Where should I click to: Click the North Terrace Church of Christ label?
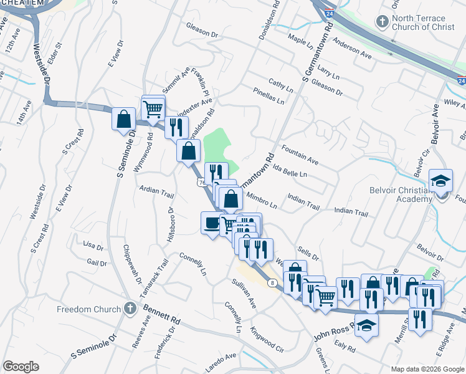(419, 23)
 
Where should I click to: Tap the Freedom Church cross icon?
(130, 309)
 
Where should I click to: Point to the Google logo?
(21, 367)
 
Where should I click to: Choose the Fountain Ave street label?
(300, 156)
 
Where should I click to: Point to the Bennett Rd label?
(161, 314)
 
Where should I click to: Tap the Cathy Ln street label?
(280, 84)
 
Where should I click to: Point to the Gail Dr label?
(97, 263)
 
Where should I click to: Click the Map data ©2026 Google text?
(427, 368)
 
